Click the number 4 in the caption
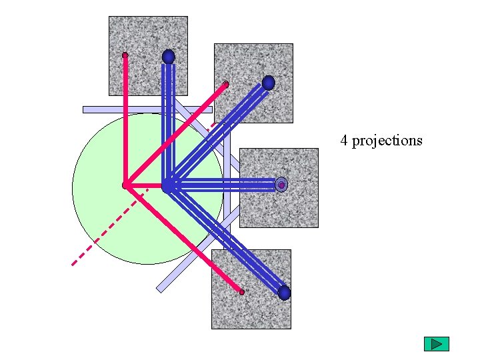pyautogui.click(x=344, y=141)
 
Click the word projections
pyautogui.click(x=387, y=141)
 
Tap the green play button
pyautogui.click(x=437, y=344)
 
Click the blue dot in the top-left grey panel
pyautogui.click(x=169, y=57)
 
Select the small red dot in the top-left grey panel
pyautogui.click(x=125, y=55)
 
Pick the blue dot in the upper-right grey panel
pyautogui.click(x=268, y=83)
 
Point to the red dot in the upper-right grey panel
pyautogui.click(x=226, y=84)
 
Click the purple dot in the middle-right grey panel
pyautogui.click(x=281, y=185)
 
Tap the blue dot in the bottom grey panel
pyautogui.click(x=284, y=293)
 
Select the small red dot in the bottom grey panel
pyautogui.click(x=241, y=292)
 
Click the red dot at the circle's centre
pyautogui.click(x=125, y=185)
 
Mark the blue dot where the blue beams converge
pyautogui.click(x=167, y=186)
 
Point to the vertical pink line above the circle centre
pyautogui.click(x=125, y=120)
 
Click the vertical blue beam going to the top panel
pyautogui.click(x=169, y=120)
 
